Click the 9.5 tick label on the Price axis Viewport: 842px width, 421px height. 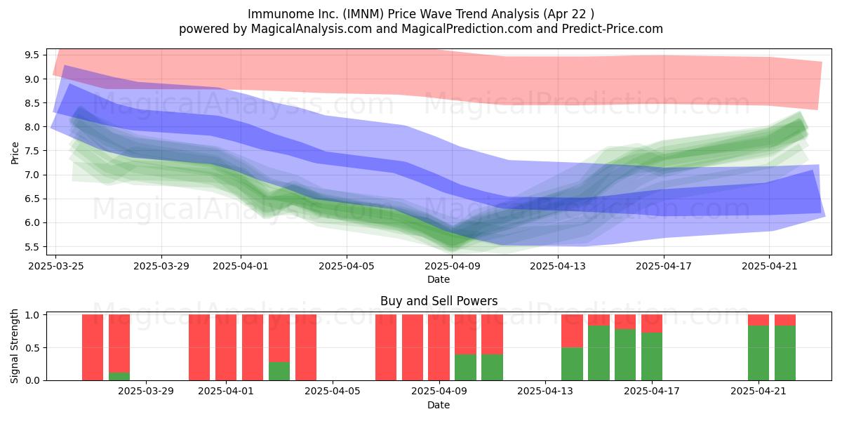(32, 55)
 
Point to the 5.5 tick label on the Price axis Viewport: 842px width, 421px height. (32, 246)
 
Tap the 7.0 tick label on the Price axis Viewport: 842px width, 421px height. (32, 175)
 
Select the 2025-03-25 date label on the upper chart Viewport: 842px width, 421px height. (56, 266)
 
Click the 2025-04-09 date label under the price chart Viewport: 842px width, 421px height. (452, 266)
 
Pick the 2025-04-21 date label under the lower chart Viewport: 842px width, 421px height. (759, 391)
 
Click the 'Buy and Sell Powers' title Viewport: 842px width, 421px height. (439, 301)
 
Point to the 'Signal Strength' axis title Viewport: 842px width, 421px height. (14, 346)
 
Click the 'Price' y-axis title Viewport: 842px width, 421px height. (15, 153)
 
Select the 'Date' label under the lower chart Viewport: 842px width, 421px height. (439, 405)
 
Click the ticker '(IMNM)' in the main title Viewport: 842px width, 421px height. (363, 14)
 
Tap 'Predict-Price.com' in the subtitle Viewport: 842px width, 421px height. (613, 29)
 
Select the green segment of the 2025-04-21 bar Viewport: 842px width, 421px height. (759, 353)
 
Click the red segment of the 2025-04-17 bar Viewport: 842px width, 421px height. (652, 323)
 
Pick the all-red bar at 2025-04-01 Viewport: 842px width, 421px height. (226, 347)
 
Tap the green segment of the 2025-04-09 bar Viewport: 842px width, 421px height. (465, 367)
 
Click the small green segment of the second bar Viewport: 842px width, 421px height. (119, 376)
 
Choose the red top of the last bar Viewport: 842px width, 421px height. (785, 320)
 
